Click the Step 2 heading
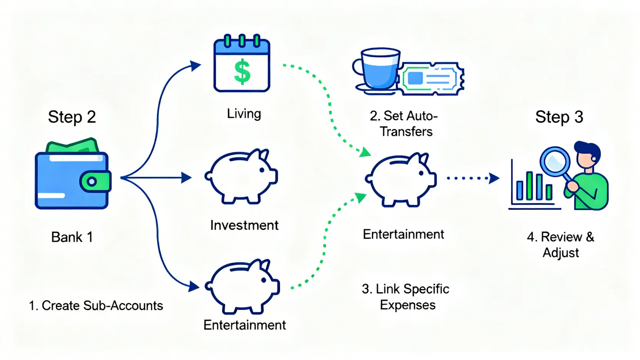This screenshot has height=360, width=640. point(72,117)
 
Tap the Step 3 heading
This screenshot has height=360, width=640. point(559,117)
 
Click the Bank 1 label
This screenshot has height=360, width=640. point(72,237)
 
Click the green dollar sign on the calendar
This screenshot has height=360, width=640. point(242,72)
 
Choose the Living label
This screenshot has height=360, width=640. point(244,114)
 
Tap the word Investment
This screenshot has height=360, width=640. point(244,225)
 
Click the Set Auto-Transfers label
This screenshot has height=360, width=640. point(404,124)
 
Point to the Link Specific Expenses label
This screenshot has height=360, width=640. point(406,297)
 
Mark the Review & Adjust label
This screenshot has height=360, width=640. point(560,245)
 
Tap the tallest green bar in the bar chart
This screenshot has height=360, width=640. point(530,186)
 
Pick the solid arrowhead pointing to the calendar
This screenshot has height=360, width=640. point(196,66)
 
